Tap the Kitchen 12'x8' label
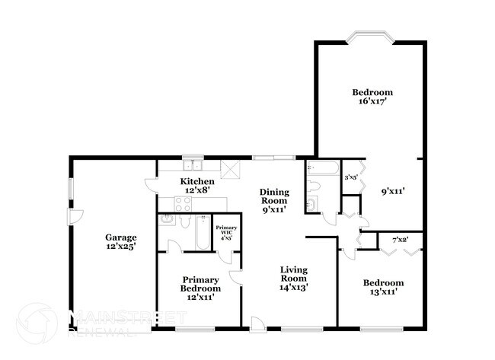click(196, 186)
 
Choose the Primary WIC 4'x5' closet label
click(226, 232)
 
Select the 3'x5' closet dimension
click(351, 177)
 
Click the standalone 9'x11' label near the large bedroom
click(392, 192)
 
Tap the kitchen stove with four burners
click(184, 203)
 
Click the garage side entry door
click(75, 218)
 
